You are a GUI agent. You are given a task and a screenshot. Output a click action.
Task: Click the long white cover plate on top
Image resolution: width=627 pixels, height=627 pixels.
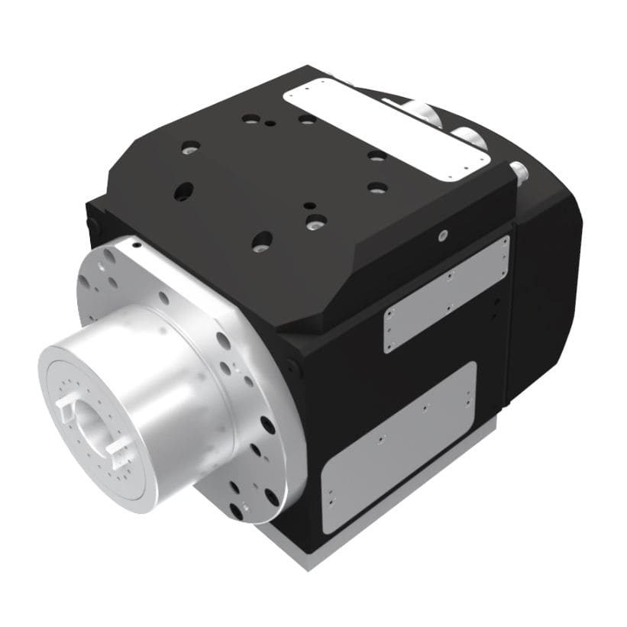[x=386, y=129]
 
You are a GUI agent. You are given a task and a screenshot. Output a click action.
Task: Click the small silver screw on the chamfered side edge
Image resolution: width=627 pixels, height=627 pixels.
[x=442, y=237]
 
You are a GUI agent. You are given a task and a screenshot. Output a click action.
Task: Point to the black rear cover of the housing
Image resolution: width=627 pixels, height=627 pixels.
[x=546, y=298]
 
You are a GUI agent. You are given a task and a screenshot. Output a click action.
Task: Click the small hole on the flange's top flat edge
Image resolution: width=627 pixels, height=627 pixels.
[x=136, y=246]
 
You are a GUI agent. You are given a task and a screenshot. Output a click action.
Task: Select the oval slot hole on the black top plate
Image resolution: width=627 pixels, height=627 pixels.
[x=183, y=192]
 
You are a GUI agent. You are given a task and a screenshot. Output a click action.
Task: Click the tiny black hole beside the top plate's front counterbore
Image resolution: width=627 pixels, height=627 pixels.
[x=308, y=205]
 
